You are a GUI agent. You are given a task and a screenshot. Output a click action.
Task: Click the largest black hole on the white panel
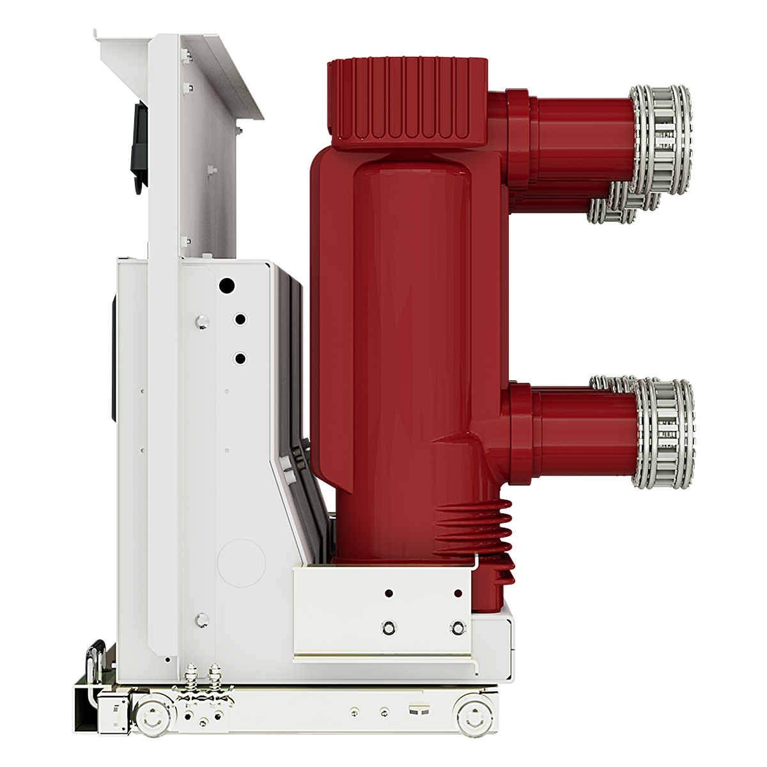coord(226,286)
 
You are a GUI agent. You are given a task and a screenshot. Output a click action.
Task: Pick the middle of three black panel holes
coord(240,319)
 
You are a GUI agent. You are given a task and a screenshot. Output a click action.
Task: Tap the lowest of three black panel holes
coord(240,359)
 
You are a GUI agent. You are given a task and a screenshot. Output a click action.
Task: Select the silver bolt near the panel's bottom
coord(202,619)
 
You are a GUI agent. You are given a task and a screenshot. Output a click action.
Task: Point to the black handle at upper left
coord(138,147)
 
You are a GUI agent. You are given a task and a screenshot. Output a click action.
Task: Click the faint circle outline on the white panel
coord(241,562)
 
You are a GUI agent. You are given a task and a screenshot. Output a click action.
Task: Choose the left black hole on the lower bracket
coord(388,594)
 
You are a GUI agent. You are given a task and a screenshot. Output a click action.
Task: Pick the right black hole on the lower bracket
coord(458,594)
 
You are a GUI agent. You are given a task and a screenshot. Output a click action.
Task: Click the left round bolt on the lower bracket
coord(388,627)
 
